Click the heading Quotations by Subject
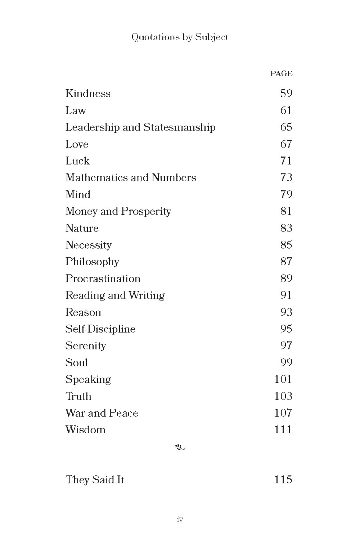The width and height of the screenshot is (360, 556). [180, 37]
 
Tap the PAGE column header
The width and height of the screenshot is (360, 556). [281, 74]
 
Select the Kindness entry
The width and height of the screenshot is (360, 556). [88, 94]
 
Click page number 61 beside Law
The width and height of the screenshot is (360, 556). [286, 110]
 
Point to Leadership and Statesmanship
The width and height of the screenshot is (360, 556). [140, 127]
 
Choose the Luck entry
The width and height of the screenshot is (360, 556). [77, 161]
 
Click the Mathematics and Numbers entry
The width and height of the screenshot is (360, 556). [131, 178]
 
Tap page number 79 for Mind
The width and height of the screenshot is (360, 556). [286, 194]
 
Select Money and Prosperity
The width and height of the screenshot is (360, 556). [118, 211]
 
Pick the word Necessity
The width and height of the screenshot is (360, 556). [89, 245]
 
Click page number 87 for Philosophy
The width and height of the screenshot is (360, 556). [286, 262]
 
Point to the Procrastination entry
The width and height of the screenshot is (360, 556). [103, 279]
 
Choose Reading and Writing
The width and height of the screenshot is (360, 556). [115, 295]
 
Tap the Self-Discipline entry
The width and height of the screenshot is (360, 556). [100, 329]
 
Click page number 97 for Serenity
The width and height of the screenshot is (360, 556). [286, 345]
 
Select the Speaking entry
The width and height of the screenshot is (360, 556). [88, 380]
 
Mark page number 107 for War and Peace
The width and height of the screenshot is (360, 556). [283, 413]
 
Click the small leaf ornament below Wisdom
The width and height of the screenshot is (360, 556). [180, 448]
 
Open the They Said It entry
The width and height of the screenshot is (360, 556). [95, 480]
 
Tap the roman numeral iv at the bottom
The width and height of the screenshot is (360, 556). [180, 519]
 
